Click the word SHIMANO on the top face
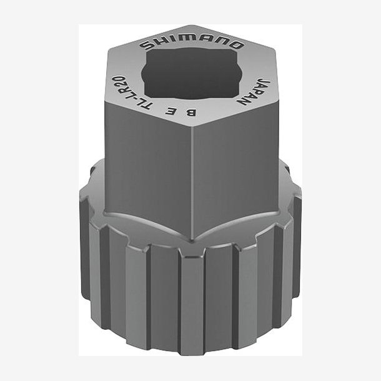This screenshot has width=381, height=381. [191, 44]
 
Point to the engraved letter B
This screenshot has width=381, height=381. [190, 112]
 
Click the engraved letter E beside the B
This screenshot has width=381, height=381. [171, 111]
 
